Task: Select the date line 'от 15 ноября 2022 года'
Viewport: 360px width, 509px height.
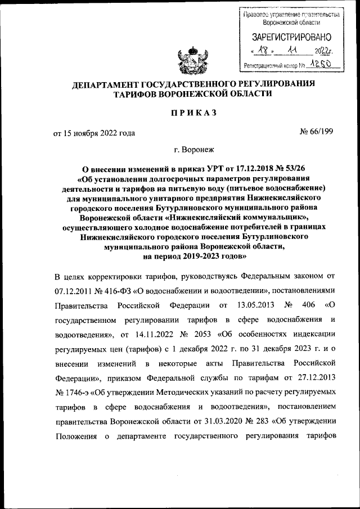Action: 94,133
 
